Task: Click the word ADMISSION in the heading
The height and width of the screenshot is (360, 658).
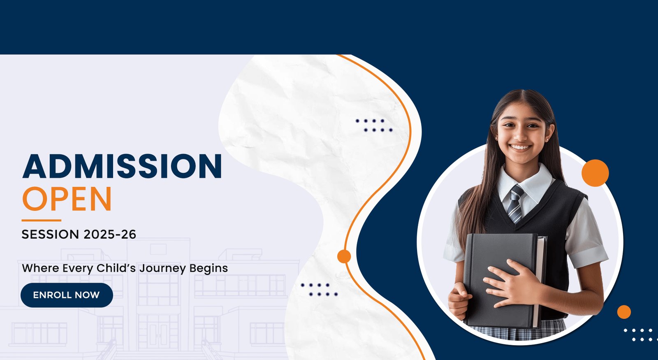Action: point(122,166)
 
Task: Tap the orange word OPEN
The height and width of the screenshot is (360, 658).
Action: point(67,199)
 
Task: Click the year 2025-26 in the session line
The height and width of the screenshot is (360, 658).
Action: point(110,234)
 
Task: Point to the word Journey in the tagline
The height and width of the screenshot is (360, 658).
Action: point(162,269)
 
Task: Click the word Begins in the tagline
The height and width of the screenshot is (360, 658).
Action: point(209,269)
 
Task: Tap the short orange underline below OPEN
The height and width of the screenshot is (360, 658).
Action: point(42,220)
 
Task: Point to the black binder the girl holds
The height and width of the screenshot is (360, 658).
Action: point(503,280)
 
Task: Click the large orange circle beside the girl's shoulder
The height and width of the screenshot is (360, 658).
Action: point(595,173)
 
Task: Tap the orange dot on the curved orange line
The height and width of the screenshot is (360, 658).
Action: point(344,256)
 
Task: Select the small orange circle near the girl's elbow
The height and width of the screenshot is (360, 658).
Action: point(624,312)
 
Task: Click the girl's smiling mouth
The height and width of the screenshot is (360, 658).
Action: point(520,147)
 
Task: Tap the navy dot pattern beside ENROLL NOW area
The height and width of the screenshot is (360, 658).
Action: point(319,290)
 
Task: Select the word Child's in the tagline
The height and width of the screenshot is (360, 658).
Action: point(116,268)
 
